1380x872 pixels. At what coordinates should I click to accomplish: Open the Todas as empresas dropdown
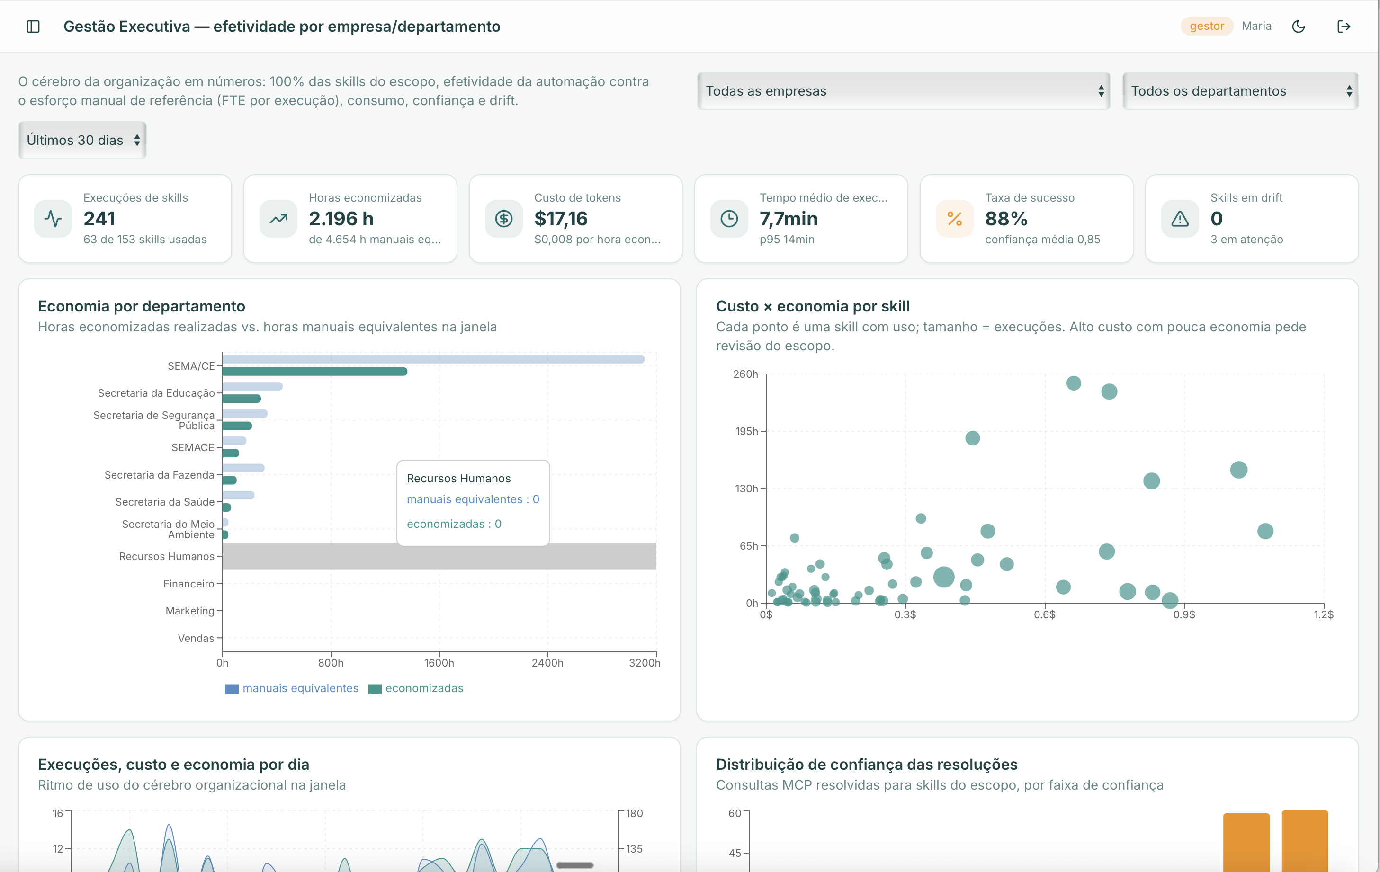coord(904,91)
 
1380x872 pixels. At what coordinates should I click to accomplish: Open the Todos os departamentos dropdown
coord(1240,91)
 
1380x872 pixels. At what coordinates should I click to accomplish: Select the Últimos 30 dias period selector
coord(82,141)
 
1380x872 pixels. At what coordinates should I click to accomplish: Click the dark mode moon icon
coord(1299,27)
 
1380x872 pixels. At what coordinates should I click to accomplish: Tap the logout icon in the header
coord(1344,27)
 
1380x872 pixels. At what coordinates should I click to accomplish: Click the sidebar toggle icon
coord(33,27)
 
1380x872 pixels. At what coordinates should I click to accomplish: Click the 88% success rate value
coord(1006,219)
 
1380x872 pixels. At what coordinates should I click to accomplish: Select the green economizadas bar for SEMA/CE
coord(314,372)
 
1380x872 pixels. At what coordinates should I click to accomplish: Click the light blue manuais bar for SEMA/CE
coord(433,359)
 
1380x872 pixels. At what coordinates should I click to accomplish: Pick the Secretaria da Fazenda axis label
coord(159,475)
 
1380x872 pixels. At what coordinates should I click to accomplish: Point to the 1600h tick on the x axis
coord(439,663)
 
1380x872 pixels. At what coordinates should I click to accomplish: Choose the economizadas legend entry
coord(416,689)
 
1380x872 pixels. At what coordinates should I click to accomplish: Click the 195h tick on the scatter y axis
coord(747,431)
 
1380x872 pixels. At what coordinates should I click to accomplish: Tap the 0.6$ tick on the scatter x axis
coord(1045,615)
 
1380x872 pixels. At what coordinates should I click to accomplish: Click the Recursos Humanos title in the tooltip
coord(458,479)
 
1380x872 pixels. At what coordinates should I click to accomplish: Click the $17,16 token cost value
coord(561,219)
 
